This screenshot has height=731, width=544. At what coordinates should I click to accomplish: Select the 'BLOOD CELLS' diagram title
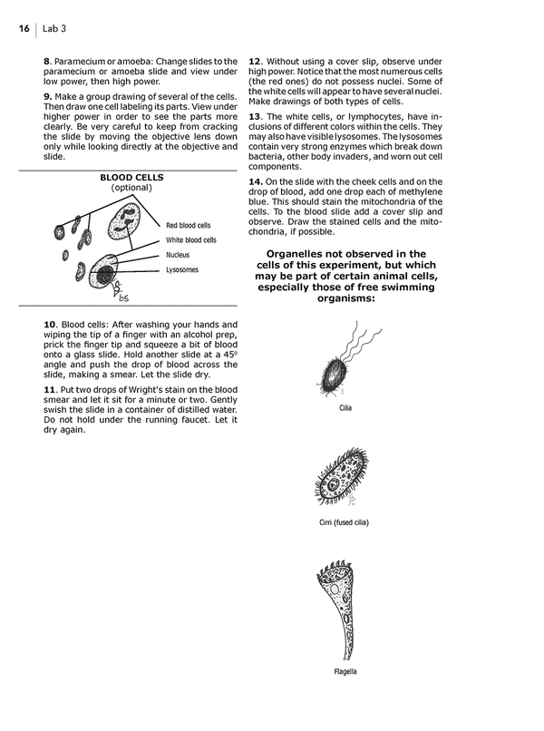pos(132,178)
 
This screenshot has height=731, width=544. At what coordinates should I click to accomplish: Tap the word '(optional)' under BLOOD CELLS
pos(132,189)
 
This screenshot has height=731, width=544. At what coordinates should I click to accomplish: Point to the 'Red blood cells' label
pos(189,226)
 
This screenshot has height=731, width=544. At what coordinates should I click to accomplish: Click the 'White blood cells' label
pos(191,240)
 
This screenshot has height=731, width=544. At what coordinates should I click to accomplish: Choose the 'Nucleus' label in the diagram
pos(178,256)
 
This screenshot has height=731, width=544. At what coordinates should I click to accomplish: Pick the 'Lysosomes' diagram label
pos(182,270)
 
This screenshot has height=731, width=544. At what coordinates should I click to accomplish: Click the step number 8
pos(46,61)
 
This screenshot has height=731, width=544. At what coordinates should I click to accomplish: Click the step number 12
pos(254,61)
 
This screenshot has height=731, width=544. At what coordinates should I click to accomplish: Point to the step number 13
pos(254,116)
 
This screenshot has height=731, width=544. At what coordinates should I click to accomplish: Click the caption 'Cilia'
pos(345,408)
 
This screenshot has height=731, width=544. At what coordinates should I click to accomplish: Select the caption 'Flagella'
pos(345,672)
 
